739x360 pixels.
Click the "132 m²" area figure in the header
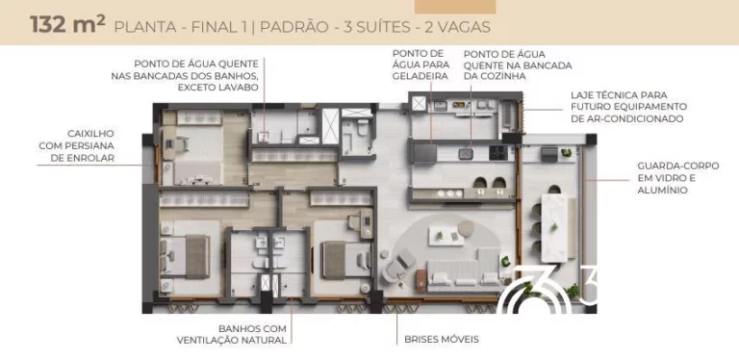coord(67,24)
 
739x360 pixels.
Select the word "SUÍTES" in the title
coord(384,27)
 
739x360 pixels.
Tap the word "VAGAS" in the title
coord(465,27)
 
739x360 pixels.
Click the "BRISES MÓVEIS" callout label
coord(442,339)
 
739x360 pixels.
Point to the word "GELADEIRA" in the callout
coord(420,76)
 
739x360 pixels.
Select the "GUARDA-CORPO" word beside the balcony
coord(678,166)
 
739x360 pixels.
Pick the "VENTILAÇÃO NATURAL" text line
coord(231,340)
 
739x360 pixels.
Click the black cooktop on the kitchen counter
coord(497,152)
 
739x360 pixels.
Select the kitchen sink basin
coord(466,153)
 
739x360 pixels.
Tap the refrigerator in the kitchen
coord(424,154)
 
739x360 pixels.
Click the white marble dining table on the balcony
coord(554,228)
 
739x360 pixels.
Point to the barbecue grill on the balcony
coord(549,154)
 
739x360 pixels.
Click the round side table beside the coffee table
coord(466,228)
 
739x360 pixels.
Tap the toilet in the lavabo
coord(363,128)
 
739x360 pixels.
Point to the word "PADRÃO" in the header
coord(294,27)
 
